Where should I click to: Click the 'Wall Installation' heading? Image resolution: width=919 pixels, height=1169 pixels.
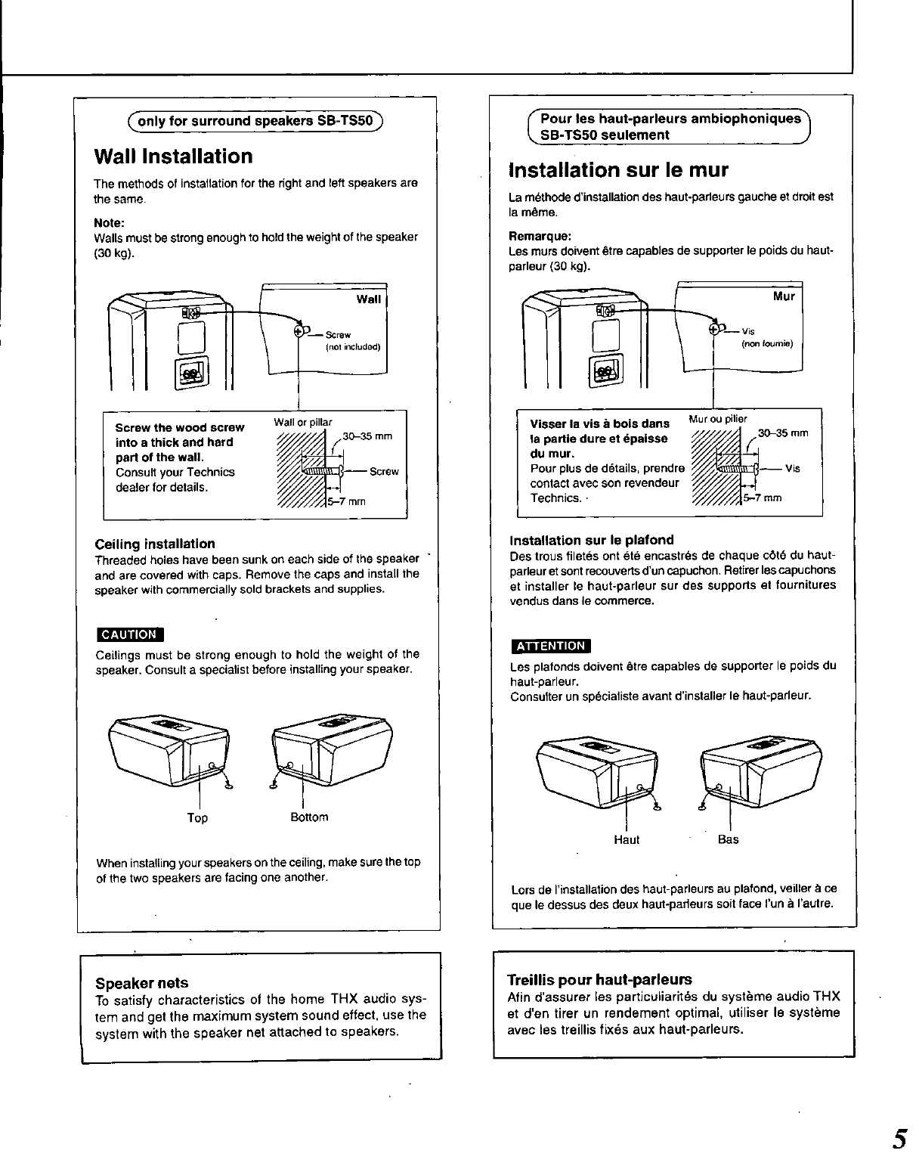173,157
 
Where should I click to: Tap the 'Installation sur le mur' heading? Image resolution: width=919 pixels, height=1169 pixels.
617,169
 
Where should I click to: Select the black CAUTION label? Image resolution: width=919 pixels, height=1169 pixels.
130,634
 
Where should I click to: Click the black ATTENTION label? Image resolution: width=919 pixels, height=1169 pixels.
550,646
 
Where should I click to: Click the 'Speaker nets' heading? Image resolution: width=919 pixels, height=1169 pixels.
142,983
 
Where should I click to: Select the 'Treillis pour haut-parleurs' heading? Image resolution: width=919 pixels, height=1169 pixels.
599,979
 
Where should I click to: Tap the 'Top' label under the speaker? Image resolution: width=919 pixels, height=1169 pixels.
197,818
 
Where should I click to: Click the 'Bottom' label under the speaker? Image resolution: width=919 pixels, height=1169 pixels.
309,817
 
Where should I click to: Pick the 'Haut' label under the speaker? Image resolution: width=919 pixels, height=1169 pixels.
627,839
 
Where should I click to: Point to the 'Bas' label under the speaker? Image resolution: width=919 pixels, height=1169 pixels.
729,839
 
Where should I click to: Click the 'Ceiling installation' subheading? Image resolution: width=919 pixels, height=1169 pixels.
155,544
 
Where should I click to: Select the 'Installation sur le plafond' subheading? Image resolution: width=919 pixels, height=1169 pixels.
592,540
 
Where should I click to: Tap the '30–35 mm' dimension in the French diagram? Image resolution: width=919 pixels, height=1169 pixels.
783,433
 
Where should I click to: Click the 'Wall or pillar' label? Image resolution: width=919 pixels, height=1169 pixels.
303,422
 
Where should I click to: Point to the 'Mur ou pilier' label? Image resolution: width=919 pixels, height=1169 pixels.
718,419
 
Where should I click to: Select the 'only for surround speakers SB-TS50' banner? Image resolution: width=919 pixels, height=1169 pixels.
256,121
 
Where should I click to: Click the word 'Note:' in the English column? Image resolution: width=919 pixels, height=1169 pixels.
109,222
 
